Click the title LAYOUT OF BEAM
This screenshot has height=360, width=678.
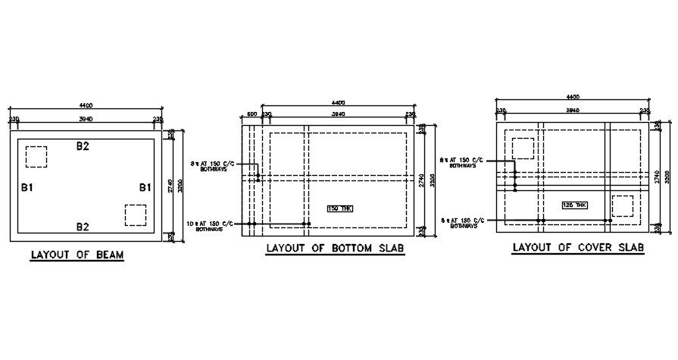tap(77, 255)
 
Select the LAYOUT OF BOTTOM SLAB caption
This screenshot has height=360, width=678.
tap(334, 249)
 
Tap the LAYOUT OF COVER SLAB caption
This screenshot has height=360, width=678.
tap(578, 247)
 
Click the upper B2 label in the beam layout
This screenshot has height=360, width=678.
tap(83, 146)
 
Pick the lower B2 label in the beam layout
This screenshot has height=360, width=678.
tap(83, 226)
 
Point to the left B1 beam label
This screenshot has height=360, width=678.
tap(27, 186)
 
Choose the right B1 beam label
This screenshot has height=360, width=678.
tap(144, 186)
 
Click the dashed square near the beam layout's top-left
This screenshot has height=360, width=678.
tap(36, 156)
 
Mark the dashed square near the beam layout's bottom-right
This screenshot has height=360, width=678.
tap(135, 214)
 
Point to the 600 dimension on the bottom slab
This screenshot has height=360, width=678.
tap(253, 114)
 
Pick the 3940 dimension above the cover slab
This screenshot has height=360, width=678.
tap(573, 111)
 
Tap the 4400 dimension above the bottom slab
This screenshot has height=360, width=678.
tap(338, 102)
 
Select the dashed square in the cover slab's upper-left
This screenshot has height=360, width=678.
tap(523, 148)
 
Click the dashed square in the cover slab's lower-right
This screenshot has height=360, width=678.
tap(622, 205)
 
